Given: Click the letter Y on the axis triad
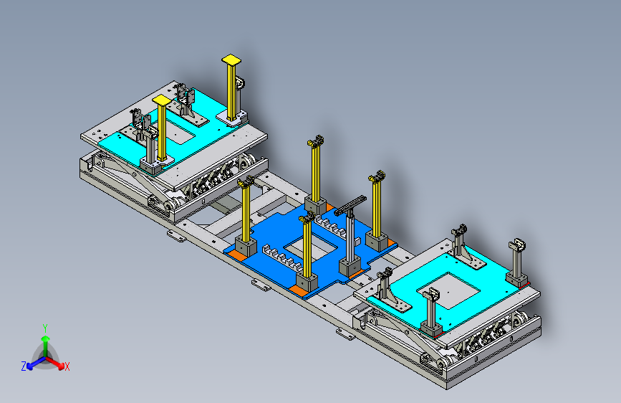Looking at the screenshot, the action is [x=45, y=328].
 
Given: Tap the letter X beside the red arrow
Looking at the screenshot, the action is [x=67, y=366].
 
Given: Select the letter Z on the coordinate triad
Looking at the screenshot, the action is [x=24, y=366].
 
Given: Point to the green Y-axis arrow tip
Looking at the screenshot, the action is [x=46, y=338].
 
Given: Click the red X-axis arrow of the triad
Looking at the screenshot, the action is [x=55, y=362].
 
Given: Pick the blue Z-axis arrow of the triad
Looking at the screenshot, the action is [x=37, y=363].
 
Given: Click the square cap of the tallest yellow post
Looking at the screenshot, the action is [x=231, y=60].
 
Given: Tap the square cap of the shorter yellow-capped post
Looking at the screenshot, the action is [x=162, y=100].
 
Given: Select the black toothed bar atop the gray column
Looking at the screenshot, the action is [x=350, y=206].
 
